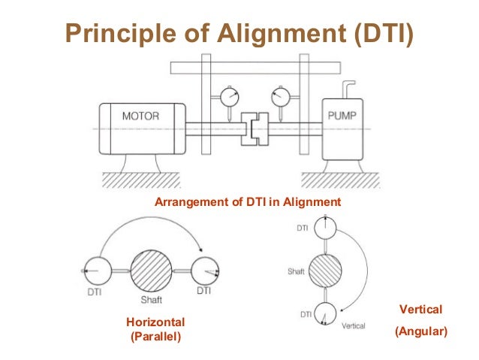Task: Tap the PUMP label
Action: (x=342, y=116)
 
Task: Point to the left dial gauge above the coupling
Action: (x=228, y=98)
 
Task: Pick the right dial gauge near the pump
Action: (x=279, y=98)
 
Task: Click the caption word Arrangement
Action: (x=188, y=201)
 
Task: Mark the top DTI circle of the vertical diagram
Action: (x=324, y=228)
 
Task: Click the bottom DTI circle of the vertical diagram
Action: (x=324, y=313)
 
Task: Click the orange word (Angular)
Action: (x=420, y=330)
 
